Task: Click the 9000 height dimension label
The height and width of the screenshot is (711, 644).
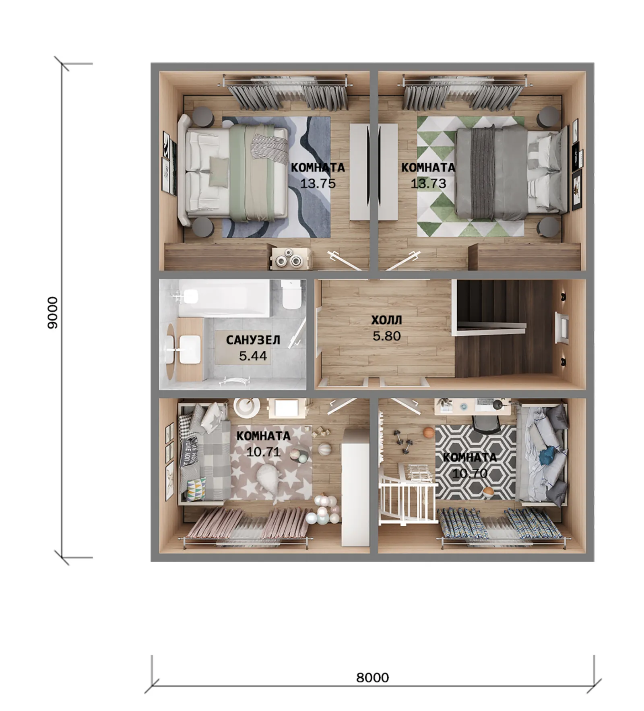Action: (53, 312)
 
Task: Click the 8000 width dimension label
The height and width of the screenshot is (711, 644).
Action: (372, 678)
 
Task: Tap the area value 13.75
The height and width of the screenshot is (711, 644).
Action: (318, 183)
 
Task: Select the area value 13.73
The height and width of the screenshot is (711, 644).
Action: (428, 183)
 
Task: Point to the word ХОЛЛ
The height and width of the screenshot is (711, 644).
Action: (386, 320)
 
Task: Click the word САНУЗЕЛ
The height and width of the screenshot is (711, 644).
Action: (253, 340)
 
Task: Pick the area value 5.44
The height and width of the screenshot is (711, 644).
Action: (253, 356)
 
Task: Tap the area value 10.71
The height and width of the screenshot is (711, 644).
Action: (263, 452)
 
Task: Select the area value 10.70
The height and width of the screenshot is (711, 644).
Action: (470, 473)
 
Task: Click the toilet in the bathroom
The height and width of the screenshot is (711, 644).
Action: (291, 294)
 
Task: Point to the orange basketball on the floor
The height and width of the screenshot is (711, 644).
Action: (429, 432)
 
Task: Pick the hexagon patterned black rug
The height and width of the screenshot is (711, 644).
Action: (476, 462)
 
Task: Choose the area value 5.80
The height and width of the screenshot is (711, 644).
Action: (386, 336)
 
